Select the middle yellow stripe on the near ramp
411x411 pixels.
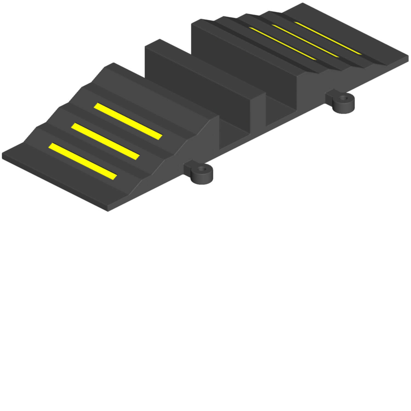click(106, 141)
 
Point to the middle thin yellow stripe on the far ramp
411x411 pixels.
click(306, 41)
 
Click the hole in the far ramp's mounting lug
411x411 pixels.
click(344, 98)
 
